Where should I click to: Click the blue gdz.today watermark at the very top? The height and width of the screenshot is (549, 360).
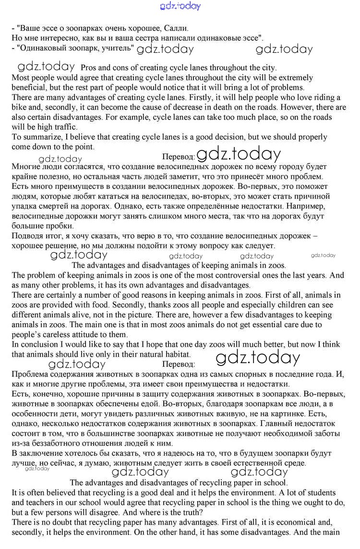(x=180, y=6)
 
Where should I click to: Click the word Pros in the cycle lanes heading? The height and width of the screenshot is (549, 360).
(x=89, y=68)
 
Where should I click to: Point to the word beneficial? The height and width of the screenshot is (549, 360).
(x=29, y=87)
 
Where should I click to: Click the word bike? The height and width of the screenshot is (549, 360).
(x=19, y=108)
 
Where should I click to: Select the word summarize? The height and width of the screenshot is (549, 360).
(x=40, y=137)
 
